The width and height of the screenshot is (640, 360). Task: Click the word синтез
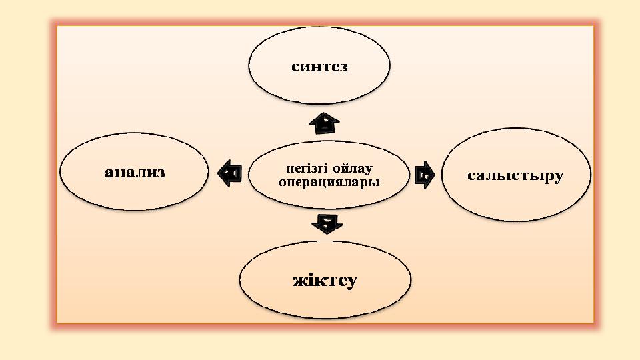click(319, 67)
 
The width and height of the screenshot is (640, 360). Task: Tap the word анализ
click(135, 173)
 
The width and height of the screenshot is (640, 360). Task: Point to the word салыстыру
click(515, 176)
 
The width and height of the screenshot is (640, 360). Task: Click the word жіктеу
click(325, 281)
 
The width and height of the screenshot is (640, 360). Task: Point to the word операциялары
click(328, 181)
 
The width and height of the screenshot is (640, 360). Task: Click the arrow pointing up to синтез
click(325, 122)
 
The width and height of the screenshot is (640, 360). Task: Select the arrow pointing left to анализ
click(229, 173)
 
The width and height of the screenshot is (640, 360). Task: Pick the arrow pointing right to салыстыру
click(424, 175)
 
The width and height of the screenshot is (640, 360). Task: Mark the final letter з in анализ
click(160, 173)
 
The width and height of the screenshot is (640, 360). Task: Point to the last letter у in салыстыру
click(558, 177)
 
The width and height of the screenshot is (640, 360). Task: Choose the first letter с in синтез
click(295, 67)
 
